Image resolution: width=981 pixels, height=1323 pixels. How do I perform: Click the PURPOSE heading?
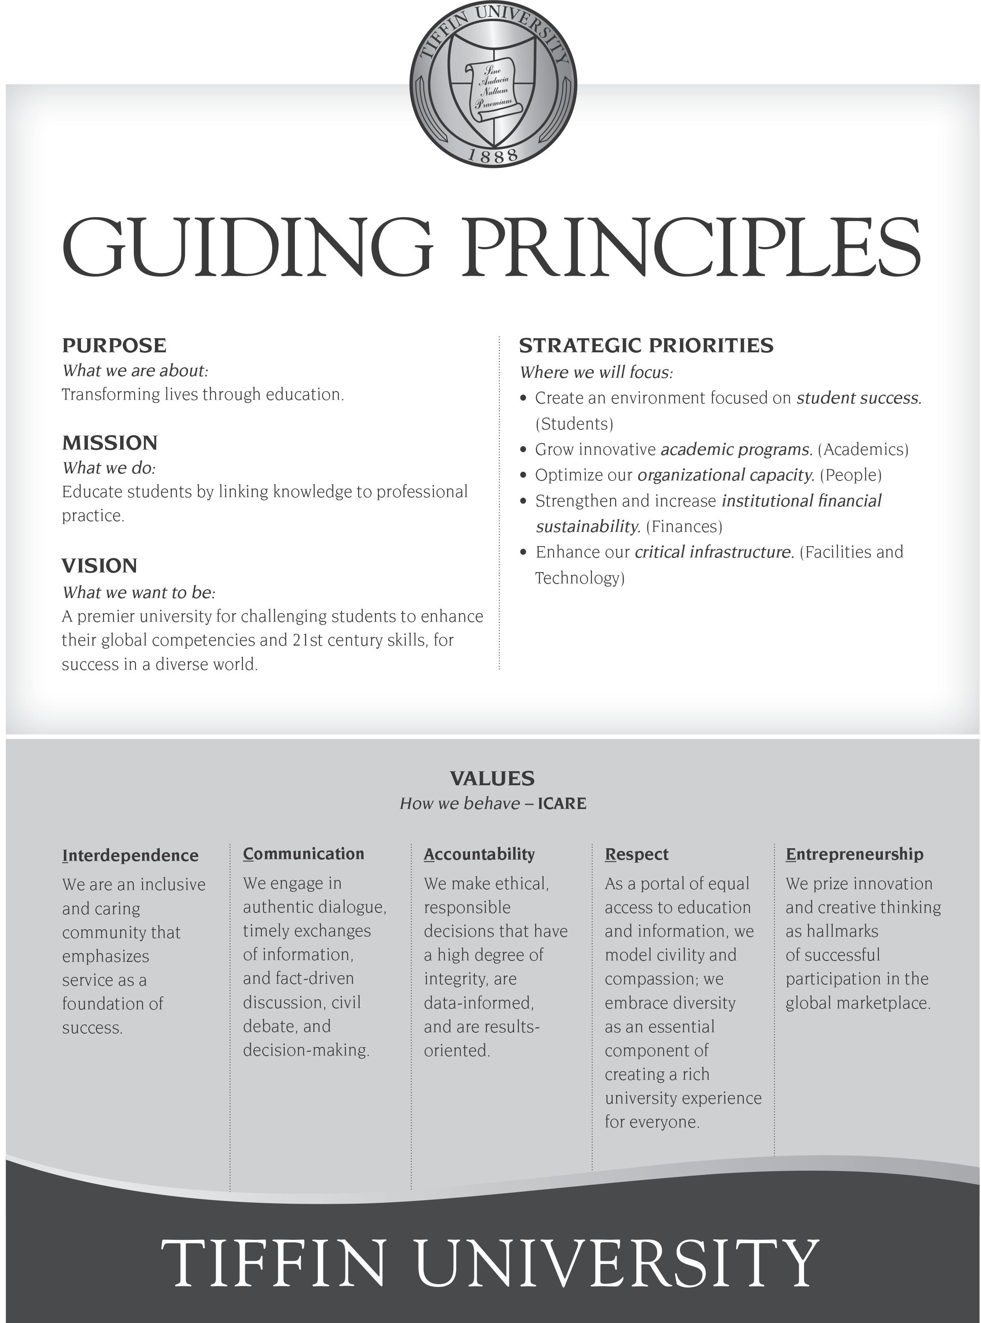tap(114, 345)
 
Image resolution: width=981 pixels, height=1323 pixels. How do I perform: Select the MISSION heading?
tap(110, 443)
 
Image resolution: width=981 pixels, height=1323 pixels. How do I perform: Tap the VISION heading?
tap(99, 565)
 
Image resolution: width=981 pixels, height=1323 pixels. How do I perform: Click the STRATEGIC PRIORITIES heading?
tap(646, 345)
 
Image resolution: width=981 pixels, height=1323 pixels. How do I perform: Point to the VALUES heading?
tap(492, 778)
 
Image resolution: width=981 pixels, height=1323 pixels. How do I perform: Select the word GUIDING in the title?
tap(246, 247)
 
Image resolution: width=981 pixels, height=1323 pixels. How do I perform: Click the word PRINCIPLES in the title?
tap(692, 247)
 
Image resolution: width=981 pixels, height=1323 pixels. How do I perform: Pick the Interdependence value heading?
tap(130, 855)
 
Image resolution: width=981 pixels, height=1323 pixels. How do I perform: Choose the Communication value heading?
tap(303, 854)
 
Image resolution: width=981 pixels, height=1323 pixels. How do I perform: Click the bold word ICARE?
tap(562, 804)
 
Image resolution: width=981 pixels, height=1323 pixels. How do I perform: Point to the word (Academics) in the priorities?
tap(863, 450)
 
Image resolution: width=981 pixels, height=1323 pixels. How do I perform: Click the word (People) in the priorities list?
tap(850, 475)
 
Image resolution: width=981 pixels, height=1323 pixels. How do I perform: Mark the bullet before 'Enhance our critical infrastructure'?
tap(523, 552)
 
